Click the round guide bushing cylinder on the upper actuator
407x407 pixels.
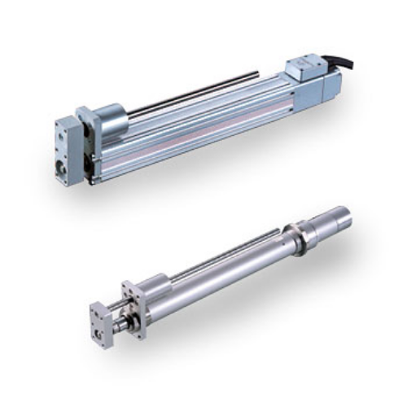coord(110,122)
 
